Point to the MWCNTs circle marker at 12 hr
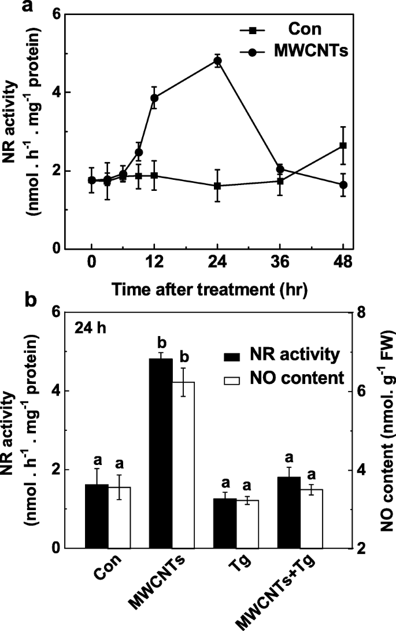point(154,98)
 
